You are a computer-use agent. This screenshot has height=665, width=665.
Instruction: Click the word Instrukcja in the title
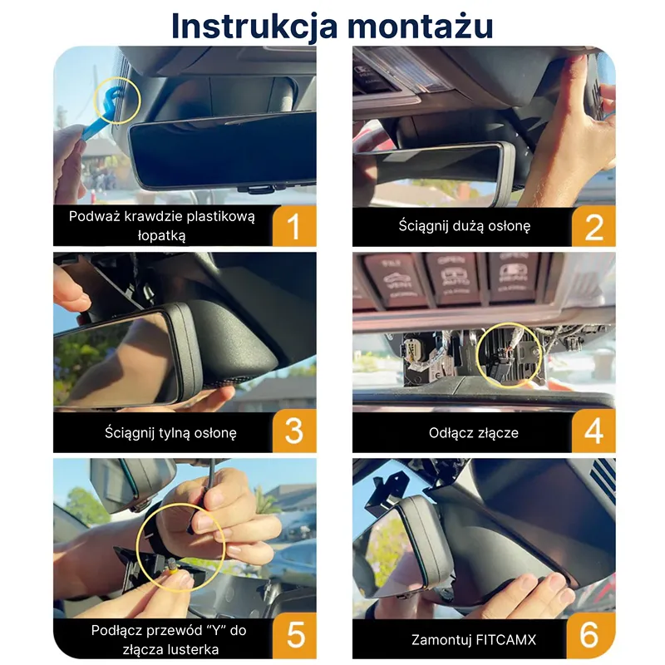254,27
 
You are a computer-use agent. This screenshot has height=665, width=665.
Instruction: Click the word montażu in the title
421,27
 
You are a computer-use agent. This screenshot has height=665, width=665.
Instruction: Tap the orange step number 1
294,226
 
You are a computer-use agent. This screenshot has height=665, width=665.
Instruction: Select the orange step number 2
594,227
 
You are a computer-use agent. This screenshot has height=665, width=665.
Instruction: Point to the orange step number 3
294,431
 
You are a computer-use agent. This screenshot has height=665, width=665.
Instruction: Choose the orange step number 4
594,431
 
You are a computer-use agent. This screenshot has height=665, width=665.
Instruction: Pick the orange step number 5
295,636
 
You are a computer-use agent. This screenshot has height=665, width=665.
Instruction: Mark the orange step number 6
589,636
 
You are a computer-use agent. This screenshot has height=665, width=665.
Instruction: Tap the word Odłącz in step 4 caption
449,432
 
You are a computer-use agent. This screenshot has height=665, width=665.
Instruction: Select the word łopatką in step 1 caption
161,236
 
